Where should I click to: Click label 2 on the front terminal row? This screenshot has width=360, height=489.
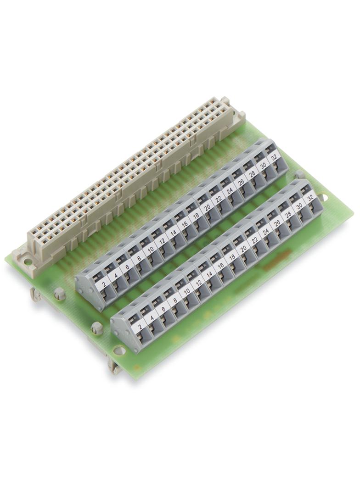(x=140, y=327)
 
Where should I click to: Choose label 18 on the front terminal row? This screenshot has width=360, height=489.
(x=232, y=257)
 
